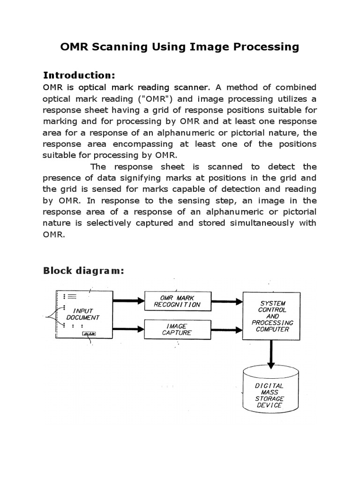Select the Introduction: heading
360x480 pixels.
(79, 75)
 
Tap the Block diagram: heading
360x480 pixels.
(83, 270)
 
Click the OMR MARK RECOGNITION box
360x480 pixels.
(177, 301)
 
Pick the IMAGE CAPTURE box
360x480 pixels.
(177, 329)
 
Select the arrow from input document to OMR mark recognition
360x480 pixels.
(128, 301)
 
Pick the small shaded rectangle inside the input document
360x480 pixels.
(89, 334)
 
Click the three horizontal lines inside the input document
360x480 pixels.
(72, 296)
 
